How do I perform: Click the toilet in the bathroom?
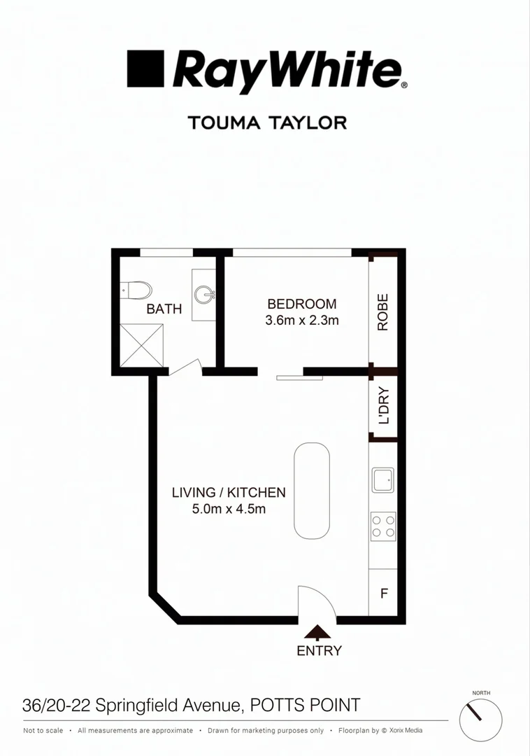click(136, 290)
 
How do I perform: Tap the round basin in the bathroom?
click(205, 293)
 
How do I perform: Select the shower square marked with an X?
click(142, 344)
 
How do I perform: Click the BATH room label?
click(164, 309)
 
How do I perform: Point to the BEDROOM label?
click(302, 304)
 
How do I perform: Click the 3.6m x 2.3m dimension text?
click(302, 321)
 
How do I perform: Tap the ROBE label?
click(382, 311)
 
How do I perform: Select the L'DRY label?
click(383, 406)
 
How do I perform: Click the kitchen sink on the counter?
click(382, 479)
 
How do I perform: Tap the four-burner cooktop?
click(383, 525)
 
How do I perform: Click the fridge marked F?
click(383, 594)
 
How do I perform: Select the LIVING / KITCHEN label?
click(229, 492)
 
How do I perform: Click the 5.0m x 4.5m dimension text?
click(229, 509)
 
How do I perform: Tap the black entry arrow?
click(319, 633)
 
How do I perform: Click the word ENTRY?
click(320, 651)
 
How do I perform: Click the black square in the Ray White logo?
click(145, 68)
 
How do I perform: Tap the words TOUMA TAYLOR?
click(267, 122)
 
